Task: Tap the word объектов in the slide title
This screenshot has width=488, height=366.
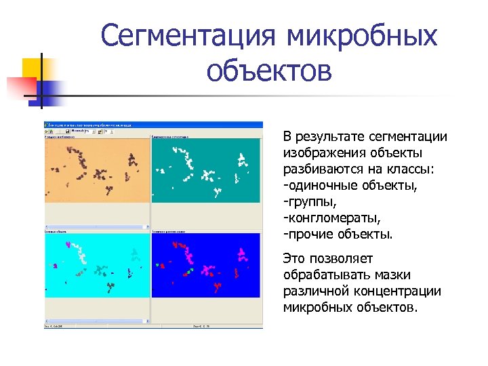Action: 269,70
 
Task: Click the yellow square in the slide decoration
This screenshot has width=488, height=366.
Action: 33,68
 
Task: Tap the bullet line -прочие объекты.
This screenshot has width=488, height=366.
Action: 338,235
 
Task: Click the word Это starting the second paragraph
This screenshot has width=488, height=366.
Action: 295,258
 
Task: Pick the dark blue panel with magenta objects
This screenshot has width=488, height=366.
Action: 206,264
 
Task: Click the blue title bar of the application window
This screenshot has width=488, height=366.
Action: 153,125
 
